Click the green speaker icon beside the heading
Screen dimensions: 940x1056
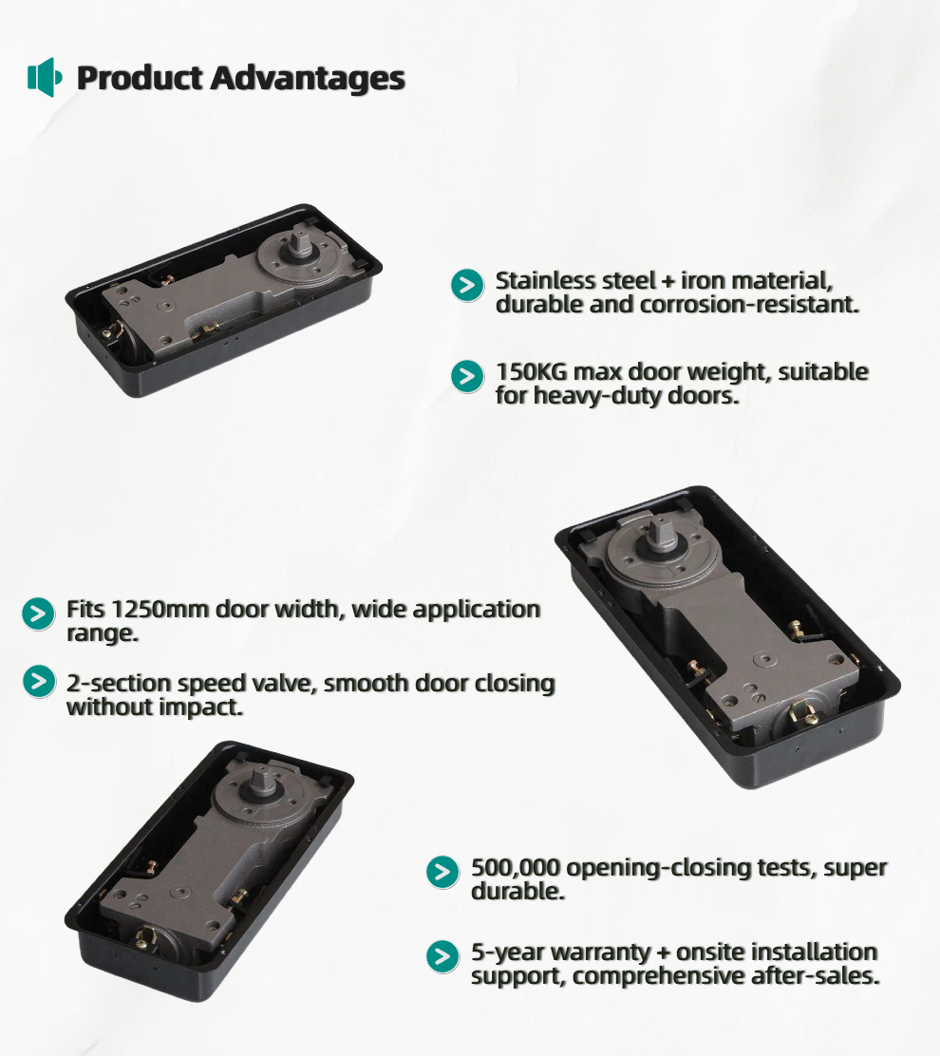(x=45, y=78)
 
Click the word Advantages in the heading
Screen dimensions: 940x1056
(x=308, y=79)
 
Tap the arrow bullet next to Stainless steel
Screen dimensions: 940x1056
(x=467, y=285)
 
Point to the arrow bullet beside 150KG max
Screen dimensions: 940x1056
(x=467, y=376)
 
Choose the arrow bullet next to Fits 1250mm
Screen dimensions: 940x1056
(x=38, y=613)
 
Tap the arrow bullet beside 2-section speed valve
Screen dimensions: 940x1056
(x=39, y=681)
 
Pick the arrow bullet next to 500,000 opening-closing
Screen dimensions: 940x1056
(x=443, y=872)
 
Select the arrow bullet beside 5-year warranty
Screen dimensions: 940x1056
(x=443, y=956)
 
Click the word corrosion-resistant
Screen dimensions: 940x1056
(x=749, y=305)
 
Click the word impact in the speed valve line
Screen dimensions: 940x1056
(x=210, y=707)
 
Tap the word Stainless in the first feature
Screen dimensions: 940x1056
(x=542, y=281)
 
